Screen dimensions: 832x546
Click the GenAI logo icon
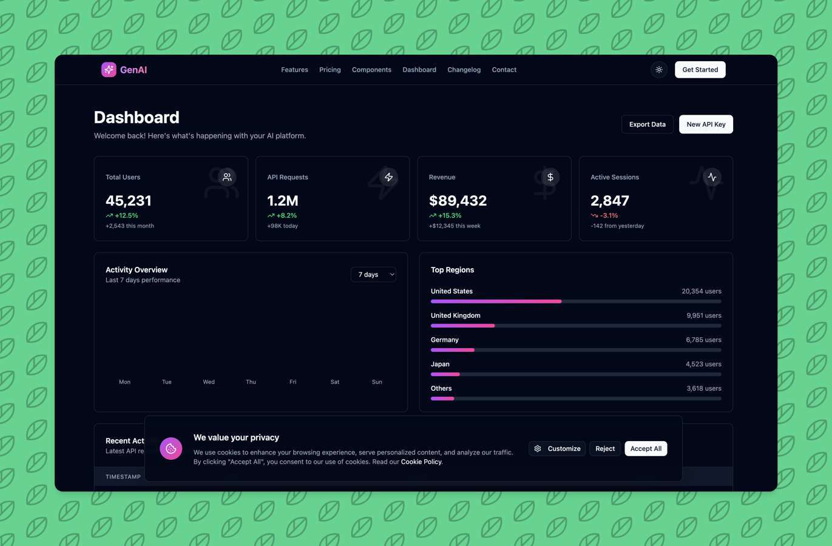pos(109,69)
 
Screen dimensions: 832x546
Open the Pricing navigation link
pos(330,69)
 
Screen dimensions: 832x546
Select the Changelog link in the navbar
pos(464,69)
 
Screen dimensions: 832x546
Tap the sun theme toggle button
pos(659,69)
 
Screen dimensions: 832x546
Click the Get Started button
pos(700,69)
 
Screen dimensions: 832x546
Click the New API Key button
pos(706,124)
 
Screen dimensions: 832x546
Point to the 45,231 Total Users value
pos(129,201)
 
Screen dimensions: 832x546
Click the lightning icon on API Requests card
pos(388,177)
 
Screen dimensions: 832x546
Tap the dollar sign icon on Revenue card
pos(550,177)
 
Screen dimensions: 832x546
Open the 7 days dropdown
pos(373,274)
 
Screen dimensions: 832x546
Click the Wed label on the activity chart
pos(209,382)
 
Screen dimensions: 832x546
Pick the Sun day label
pos(377,382)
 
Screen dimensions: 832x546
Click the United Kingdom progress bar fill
pos(463,326)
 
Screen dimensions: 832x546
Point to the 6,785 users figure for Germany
pos(703,340)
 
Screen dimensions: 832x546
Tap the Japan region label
pos(440,364)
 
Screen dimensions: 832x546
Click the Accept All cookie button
pos(646,448)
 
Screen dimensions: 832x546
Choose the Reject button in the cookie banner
pos(605,448)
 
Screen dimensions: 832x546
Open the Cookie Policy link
pos(421,462)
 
